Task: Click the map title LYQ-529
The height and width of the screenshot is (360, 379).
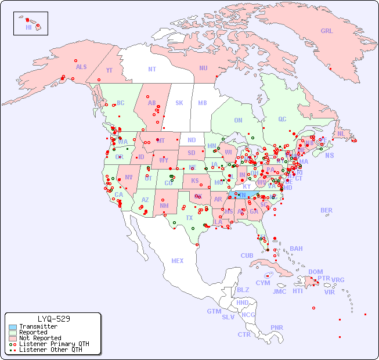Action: [x=53, y=319]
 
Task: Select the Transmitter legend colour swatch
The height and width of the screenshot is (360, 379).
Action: [x=12, y=327]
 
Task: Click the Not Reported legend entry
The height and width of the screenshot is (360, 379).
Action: [x=39, y=338]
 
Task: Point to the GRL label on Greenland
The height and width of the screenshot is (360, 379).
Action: [x=327, y=31]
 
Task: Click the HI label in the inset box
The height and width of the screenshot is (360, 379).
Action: [x=28, y=27]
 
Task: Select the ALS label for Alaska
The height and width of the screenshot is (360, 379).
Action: [x=81, y=67]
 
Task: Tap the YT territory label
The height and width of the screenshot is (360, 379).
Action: [x=109, y=70]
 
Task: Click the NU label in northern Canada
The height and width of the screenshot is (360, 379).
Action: [x=203, y=68]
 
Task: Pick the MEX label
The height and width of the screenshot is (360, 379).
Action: [x=178, y=261]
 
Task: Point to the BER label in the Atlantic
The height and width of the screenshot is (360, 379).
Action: [x=327, y=210]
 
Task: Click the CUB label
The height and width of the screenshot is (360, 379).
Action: [x=247, y=255]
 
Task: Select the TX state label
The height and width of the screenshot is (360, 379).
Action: [x=189, y=218]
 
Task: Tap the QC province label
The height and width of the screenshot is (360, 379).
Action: [x=282, y=119]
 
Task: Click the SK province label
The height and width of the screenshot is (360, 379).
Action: [x=179, y=103]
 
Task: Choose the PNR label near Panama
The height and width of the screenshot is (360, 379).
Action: [x=277, y=327]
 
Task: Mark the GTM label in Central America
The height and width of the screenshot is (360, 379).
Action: [x=214, y=311]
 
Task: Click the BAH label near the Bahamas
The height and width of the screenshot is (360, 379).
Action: [x=296, y=249]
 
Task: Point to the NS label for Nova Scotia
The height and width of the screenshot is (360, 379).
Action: [x=329, y=155]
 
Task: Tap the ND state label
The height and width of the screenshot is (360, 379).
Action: [x=192, y=140]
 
